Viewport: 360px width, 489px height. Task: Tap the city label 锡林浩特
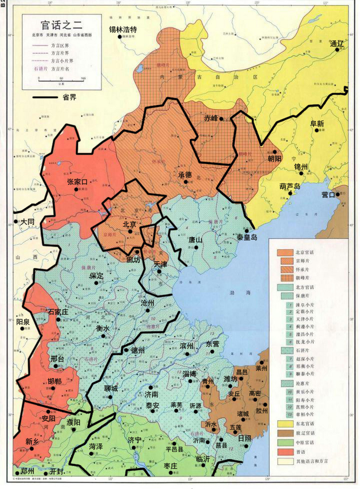(x=123, y=29)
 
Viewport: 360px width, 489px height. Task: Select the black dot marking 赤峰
(x=221, y=119)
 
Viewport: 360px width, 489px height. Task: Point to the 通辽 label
(x=337, y=44)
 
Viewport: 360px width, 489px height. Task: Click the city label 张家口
(x=78, y=182)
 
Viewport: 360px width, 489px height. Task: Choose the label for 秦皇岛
(x=247, y=237)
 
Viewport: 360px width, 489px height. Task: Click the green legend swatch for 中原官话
(x=284, y=442)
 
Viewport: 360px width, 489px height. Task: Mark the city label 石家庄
(x=58, y=312)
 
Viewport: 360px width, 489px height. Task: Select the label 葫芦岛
(x=289, y=186)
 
